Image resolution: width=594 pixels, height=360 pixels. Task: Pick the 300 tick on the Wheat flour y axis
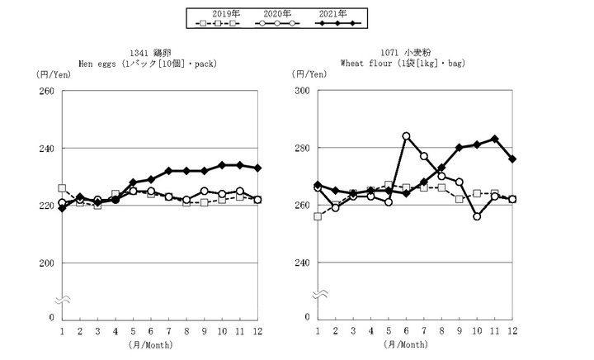(x=301, y=91)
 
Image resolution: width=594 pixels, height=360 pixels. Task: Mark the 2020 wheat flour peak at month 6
(x=406, y=136)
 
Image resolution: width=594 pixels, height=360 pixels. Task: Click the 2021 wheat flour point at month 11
(x=494, y=139)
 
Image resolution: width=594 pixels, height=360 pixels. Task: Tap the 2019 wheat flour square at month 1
(x=318, y=216)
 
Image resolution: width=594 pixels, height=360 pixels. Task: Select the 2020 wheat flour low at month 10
(x=477, y=216)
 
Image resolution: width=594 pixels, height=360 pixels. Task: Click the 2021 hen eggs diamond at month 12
(x=257, y=168)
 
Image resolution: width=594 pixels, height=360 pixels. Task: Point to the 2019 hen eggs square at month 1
(x=62, y=188)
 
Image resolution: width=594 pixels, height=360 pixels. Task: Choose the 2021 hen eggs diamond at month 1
(x=62, y=208)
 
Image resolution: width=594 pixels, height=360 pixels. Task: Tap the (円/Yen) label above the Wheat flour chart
(x=310, y=75)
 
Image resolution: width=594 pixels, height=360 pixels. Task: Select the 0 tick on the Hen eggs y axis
(x=50, y=317)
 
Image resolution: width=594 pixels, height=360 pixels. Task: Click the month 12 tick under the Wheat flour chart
(x=512, y=330)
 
